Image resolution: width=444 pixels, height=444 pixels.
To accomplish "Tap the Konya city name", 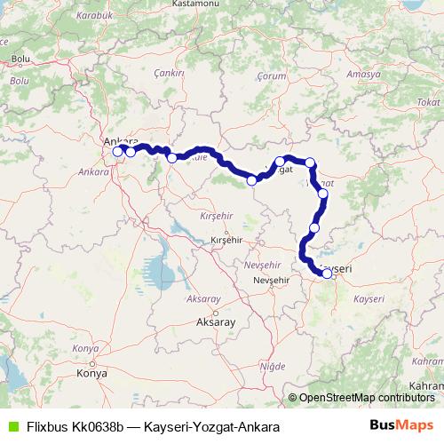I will pyautogui.click(x=92, y=373).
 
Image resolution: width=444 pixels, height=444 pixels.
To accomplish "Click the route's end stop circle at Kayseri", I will pyautogui.click(x=327, y=274).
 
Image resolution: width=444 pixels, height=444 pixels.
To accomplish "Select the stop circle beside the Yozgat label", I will pyautogui.click(x=280, y=162).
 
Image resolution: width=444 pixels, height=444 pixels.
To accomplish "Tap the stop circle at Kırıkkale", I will pyautogui.click(x=171, y=158).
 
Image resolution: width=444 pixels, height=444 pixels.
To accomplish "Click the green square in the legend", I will pyautogui.click(x=12, y=426).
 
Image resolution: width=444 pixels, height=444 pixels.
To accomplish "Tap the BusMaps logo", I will pyautogui.click(x=401, y=425).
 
